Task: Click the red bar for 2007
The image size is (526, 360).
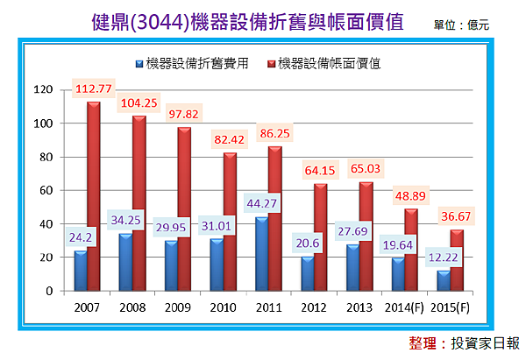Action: [x=93, y=196]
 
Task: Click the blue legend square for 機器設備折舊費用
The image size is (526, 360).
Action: [x=139, y=63]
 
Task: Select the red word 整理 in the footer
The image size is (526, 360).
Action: [x=425, y=342]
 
